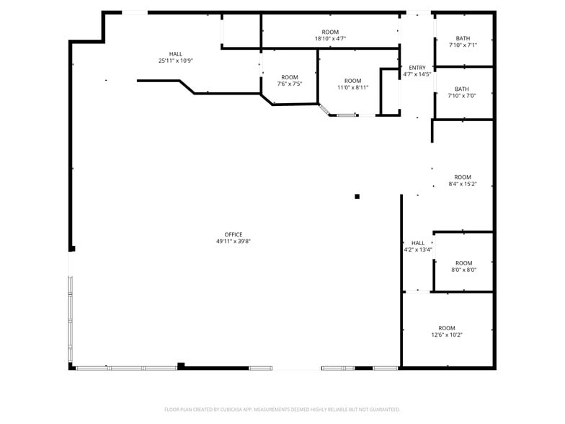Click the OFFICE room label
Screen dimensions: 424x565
point(233,234)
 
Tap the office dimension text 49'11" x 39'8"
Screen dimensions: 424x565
point(233,242)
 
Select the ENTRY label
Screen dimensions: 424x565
point(417,68)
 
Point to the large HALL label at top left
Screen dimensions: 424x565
point(176,54)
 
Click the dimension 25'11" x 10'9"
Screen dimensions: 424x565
point(176,61)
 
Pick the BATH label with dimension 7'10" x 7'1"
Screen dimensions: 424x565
point(462,38)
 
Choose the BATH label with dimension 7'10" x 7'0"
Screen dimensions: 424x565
point(462,89)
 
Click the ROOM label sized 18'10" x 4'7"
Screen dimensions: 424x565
point(330,32)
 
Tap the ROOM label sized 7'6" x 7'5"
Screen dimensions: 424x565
point(290,77)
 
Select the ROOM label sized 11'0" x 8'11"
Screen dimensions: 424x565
point(352,81)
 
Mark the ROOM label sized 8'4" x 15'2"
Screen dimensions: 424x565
point(463,177)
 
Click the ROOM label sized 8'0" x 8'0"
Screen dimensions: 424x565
point(463,263)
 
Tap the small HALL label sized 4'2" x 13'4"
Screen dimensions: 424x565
point(418,243)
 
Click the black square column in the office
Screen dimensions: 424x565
point(357,196)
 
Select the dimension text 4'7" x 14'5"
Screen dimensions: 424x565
point(417,74)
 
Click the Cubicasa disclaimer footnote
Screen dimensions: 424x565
point(282,410)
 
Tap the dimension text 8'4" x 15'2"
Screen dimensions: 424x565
point(463,184)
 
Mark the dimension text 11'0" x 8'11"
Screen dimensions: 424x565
point(352,88)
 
